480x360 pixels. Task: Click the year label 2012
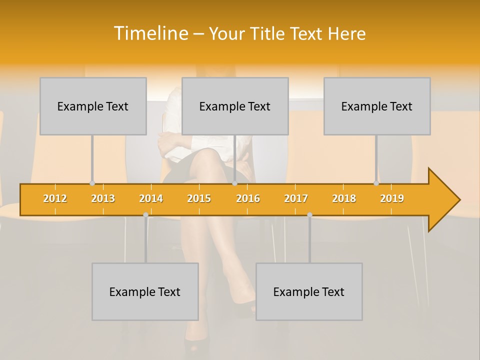[x=55, y=198]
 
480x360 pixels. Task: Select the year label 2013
[x=103, y=198]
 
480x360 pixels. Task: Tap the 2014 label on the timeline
[x=151, y=198]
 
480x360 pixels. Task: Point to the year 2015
[x=199, y=198]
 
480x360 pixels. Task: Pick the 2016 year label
[x=248, y=198]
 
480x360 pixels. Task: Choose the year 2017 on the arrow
[x=296, y=198]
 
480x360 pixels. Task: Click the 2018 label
[x=344, y=198]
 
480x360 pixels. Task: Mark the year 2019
[x=392, y=198]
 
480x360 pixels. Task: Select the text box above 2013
[x=93, y=106]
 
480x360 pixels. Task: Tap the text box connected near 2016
[x=235, y=106]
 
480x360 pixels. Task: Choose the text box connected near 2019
[x=377, y=106]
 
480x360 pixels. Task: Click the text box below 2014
[x=145, y=291]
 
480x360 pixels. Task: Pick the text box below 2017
[x=309, y=291]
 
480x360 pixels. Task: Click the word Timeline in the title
[x=150, y=33]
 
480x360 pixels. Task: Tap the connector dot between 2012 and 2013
[x=92, y=183]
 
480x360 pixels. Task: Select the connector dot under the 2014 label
[x=145, y=215]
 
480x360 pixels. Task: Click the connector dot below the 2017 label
[x=309, y=215]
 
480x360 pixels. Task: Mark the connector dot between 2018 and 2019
[x=376, y=183]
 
